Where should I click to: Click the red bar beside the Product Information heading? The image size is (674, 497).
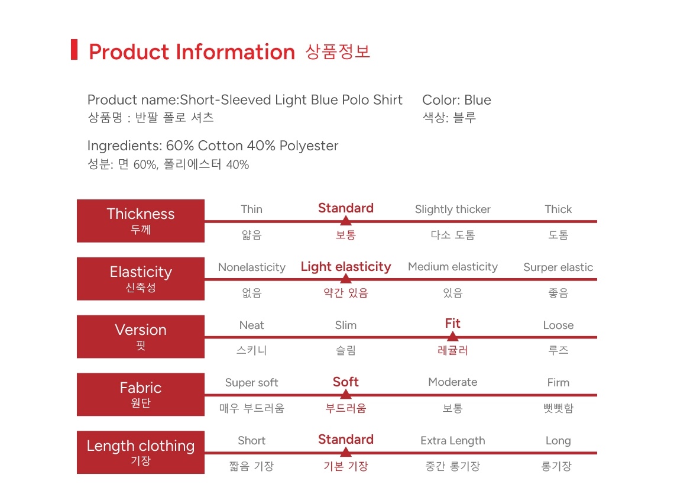point(74,50)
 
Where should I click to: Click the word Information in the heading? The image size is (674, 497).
point(235,52)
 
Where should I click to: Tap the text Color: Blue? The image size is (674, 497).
point(456,100)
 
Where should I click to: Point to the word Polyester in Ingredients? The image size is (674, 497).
point(309,146)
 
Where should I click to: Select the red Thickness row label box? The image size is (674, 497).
point(141,221)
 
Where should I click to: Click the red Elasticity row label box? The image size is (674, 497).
point(141,279)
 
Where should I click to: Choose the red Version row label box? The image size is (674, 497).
point(141,337)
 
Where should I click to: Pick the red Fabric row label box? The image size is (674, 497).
point(141,394)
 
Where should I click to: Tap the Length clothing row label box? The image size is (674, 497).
point(141,452)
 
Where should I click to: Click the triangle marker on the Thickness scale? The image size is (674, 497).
point(346,220)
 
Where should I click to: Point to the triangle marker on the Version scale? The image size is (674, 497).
point(453,336)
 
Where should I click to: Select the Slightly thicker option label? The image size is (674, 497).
point(453,209)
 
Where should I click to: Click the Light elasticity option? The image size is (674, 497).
point(346,267)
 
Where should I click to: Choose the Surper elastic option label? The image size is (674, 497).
point(558,267)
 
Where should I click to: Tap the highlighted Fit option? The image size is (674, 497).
point(453,323)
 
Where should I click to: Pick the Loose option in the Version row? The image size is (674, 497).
point(558,325)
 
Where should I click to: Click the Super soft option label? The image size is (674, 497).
point(251,383)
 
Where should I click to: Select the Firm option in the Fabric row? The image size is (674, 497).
point(558,383)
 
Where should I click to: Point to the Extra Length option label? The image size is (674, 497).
point(453,441)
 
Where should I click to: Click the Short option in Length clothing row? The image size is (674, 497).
point(251,441)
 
